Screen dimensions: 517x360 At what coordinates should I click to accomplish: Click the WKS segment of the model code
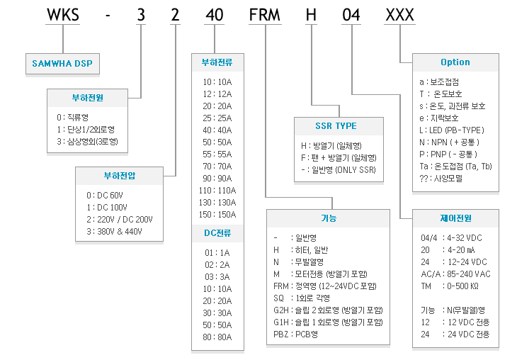point(63,15)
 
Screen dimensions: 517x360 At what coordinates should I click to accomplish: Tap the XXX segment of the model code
point(400,15)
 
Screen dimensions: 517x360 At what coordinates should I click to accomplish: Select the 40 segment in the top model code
point(215,15)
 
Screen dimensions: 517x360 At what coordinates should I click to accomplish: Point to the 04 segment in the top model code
point(351,15)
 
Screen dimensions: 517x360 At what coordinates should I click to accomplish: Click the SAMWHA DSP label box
point(62,63)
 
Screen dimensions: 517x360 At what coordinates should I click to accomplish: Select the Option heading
point(455,62)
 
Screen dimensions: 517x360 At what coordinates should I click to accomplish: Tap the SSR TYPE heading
point(336,125)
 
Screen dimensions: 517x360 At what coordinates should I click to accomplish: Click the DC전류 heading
point(217,233)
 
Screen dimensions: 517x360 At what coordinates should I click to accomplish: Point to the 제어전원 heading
point(455,218)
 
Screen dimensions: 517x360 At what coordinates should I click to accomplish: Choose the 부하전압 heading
point(120,176)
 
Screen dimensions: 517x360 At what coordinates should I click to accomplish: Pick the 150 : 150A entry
point(217,215)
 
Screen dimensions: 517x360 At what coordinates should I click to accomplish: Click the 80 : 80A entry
point(217,337)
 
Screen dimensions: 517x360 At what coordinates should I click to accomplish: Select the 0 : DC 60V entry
point(105,196)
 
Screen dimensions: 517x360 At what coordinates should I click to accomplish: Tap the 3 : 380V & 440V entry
point(115,232)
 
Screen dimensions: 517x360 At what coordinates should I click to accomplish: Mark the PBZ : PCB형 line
point(295,334)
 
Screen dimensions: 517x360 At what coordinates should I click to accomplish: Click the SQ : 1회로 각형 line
point(302,298)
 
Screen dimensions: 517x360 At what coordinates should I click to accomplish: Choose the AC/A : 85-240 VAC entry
point(455,274)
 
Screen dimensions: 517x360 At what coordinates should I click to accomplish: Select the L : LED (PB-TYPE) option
point(452,130)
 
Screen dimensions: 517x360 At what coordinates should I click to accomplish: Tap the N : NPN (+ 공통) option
point(449,142)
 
